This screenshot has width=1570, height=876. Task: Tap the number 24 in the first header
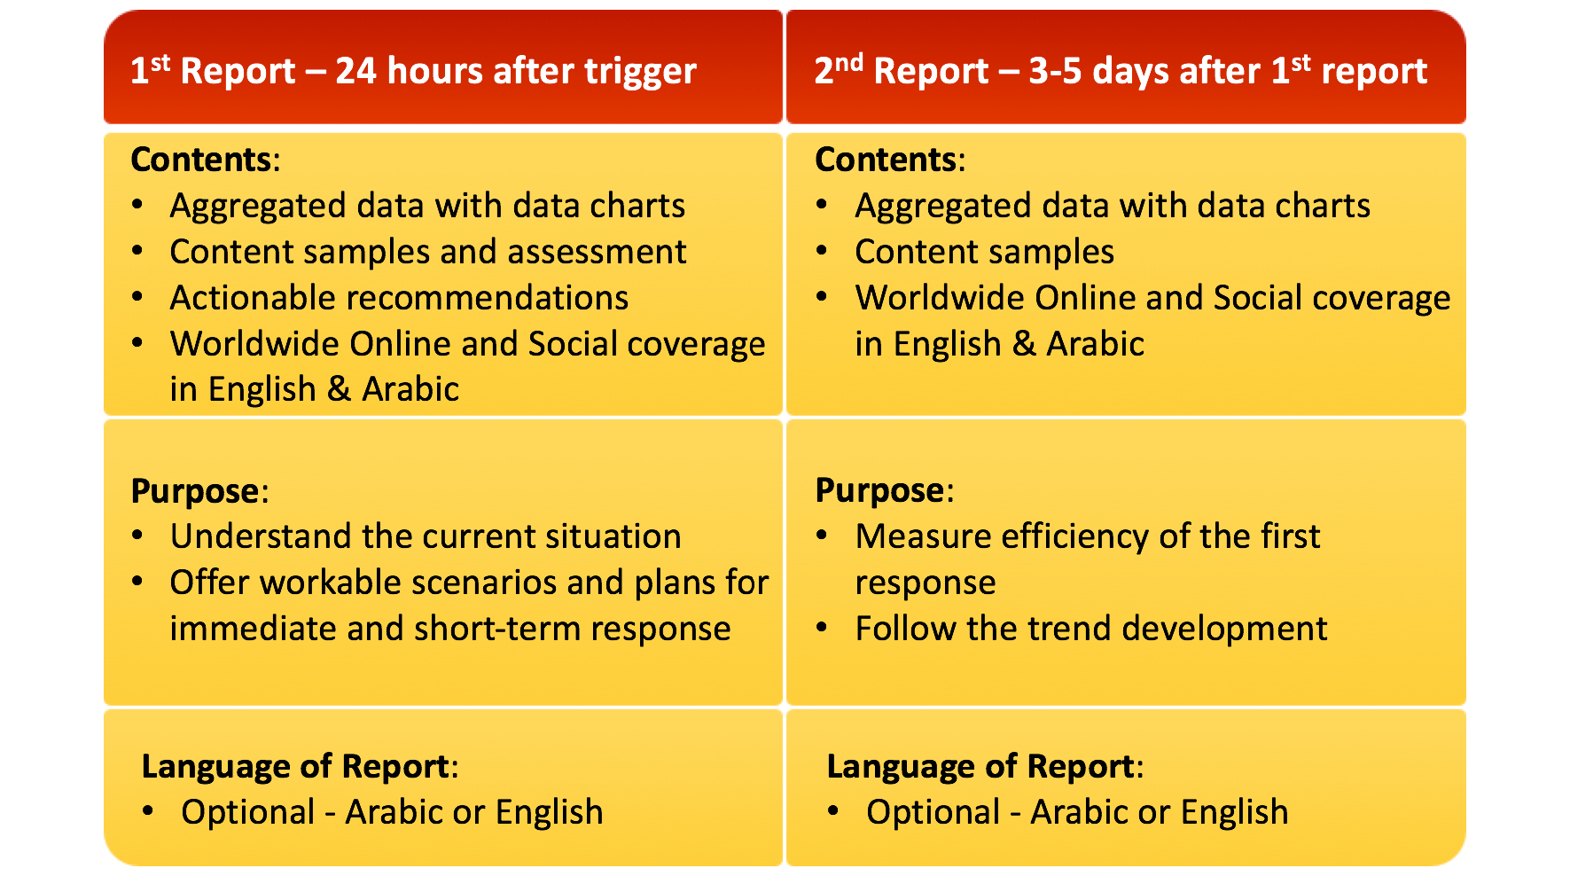pos(355,71)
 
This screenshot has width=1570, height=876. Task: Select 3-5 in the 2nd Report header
pos(1055,71)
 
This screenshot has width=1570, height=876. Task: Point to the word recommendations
pos(487,298)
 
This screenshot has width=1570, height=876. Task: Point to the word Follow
pos(906,629)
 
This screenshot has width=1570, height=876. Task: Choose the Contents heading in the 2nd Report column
pos(886,160)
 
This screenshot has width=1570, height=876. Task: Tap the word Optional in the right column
pos(933,813)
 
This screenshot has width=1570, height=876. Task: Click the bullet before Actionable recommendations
pos(137,297)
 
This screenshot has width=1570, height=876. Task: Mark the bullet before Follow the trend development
pos(822,628)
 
